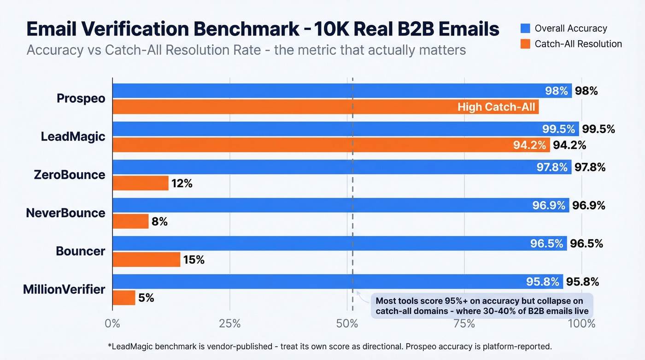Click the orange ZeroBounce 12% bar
(141, 183)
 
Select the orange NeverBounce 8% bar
(131, 222)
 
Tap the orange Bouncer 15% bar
(147, 260)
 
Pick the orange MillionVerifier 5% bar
(124, 298)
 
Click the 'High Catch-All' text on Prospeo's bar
(496, 107)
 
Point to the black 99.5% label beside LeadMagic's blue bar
(598, 129)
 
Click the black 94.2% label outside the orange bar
(569, 145)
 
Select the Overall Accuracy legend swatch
(524, 29)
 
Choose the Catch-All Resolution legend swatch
(524, 44)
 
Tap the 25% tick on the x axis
(229, 324)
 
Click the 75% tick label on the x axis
(464, 324)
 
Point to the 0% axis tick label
(112, 324)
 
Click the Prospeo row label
(81, 98)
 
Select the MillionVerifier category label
(64, 289)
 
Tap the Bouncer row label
(81, 251)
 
